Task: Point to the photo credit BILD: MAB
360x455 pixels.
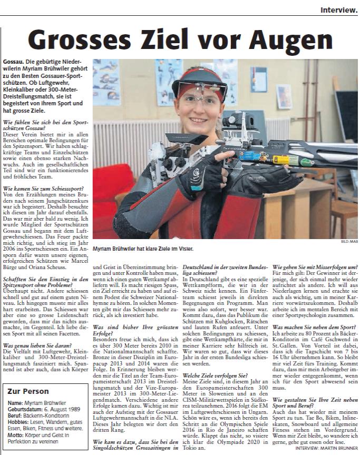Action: [x=348, y=242]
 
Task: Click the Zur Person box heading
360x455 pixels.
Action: [x=29, y=392]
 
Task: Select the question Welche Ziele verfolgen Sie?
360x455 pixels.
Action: [x=216, y=360]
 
